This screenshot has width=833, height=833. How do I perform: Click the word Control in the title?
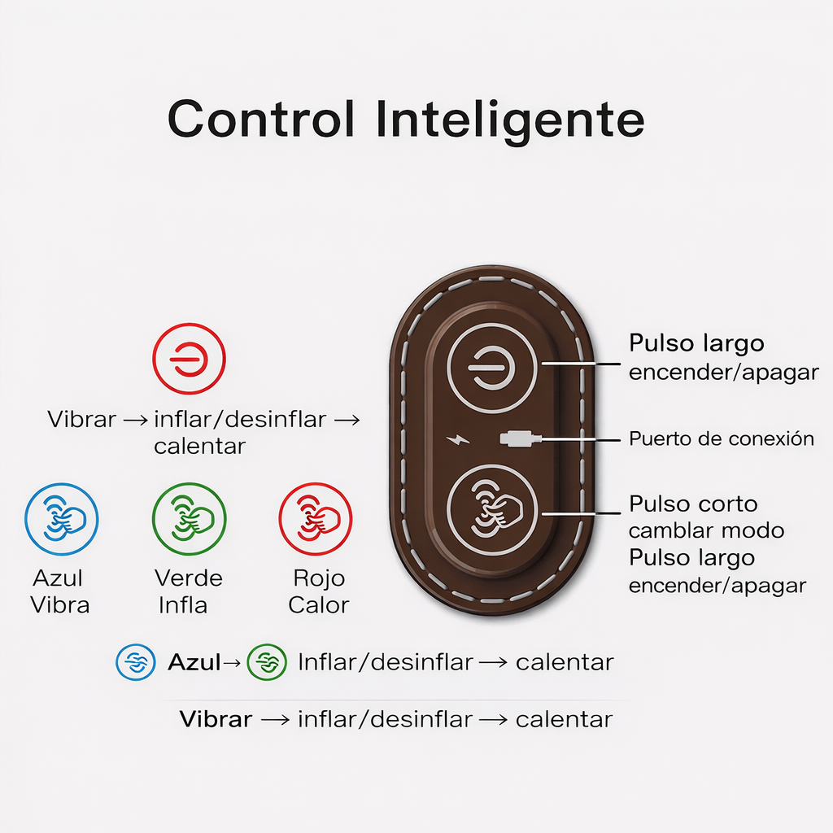(x=261, y=119)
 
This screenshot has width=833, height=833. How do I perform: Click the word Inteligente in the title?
(x=511, y=120)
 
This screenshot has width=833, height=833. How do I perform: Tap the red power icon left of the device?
(x=189, y=359)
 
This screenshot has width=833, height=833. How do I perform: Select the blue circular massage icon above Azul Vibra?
(x=62, y=519)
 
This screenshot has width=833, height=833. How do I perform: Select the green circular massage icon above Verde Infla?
(x=189, y=519)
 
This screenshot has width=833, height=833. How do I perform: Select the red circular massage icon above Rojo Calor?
(x=316, y=519)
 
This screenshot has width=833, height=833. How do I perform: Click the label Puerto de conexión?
(x=721, y=439)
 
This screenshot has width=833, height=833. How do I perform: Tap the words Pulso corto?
(x=693, y=504)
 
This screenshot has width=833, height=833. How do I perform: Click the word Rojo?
(x=319, y=578)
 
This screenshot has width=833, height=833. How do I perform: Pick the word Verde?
(x=188, y=578)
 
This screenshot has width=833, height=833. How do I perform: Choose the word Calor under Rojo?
(x=319, y=605)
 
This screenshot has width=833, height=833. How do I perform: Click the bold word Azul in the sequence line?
(x=194, y=662)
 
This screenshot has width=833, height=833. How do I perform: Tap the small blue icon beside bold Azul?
(x=135, y=662)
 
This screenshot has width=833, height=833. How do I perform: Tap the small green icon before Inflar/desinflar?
(x=267, y=662)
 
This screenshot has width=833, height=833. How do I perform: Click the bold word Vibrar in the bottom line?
(x=216, y=719)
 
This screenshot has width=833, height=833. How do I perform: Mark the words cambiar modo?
(x=706, y=531)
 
